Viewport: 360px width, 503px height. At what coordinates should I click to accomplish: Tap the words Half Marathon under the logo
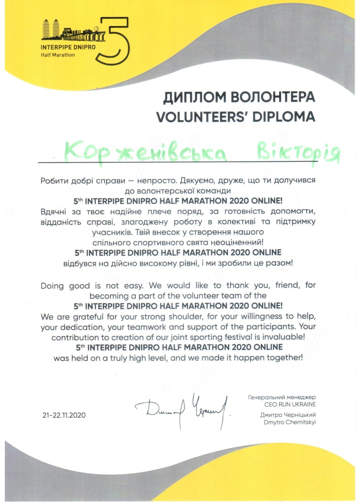[x=58, y=55]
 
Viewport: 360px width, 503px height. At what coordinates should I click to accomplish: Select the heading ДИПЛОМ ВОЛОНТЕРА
[x=239, y=97]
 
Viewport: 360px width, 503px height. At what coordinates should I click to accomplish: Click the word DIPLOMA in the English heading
[x=282, y=116]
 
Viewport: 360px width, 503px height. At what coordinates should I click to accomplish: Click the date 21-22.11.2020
[x=64, y=415]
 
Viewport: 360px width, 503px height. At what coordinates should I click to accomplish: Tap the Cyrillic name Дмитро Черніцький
[x=288, y=415]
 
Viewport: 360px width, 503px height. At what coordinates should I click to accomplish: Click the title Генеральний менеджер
[x=282, y=397]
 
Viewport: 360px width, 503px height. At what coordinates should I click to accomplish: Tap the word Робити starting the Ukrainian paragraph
[x=53, y=181]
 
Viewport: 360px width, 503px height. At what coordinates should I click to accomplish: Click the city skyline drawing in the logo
[x=73, y=30]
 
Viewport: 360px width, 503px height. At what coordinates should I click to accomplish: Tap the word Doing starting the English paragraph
[x=53, y=286]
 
